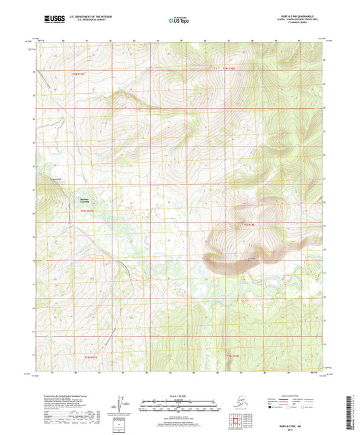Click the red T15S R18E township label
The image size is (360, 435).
coord(249,225)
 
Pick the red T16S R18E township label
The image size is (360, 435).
coord(234,356)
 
